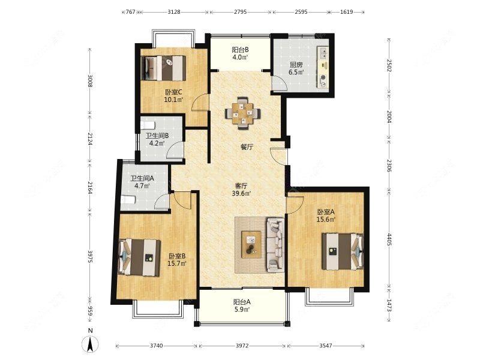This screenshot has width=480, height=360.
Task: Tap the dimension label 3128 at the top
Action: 174,12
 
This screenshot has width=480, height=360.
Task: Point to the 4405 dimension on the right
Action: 389,239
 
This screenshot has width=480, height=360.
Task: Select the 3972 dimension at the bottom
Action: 242,346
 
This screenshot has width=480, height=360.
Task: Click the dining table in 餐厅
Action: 243,113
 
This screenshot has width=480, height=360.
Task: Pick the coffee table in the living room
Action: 251,244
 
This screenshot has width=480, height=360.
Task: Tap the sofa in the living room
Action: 275,245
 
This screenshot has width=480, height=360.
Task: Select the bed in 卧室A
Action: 343,251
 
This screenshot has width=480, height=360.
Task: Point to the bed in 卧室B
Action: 140,257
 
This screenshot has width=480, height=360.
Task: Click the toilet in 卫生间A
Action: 128,200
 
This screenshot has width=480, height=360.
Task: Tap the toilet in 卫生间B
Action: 148,125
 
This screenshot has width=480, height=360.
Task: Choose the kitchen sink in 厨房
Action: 323,53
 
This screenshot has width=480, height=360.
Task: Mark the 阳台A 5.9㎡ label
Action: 242,305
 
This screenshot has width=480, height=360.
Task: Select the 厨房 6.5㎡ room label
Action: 296,68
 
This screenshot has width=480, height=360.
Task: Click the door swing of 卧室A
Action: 295,205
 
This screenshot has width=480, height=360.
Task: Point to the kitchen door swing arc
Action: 280,83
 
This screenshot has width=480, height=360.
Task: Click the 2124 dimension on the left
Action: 89,139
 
